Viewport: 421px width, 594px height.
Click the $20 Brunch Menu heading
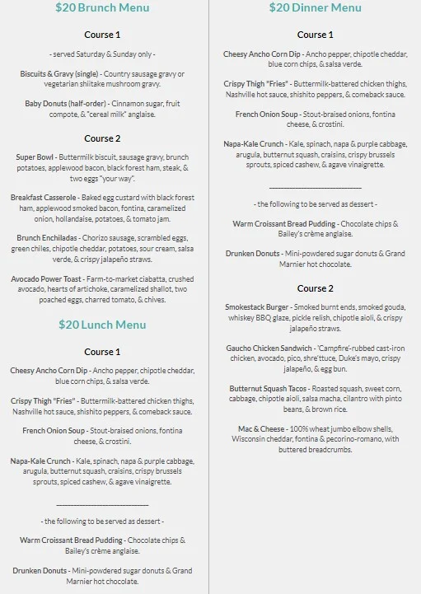(x=102, y=8)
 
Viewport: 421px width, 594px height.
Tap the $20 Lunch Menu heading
(x=102, y=325)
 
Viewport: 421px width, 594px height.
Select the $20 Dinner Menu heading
(x=315, y=8)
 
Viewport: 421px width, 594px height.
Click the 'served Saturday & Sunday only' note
(x=102, y=54)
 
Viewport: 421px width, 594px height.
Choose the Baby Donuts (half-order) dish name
(x=58, y=104)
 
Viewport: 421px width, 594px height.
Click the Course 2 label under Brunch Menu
(x=102, y=138)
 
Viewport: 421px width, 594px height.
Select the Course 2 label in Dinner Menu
(x=315, y=288)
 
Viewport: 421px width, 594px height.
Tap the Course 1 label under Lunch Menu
(x=102, y=352)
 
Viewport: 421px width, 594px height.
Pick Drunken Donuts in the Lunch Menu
(x=51, y=570)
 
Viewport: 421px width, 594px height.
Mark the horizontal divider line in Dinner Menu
(x=315, y=187)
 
